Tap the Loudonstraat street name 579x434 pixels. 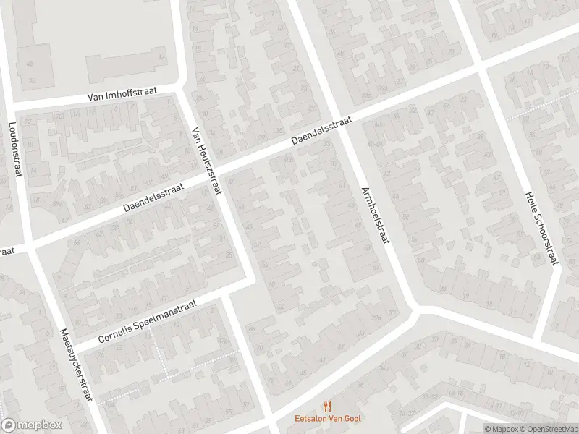point(14,151)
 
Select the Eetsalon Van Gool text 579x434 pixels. point(329,418)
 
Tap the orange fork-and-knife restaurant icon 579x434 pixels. point(328,407)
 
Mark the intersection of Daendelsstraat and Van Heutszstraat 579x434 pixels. point(217,171)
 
